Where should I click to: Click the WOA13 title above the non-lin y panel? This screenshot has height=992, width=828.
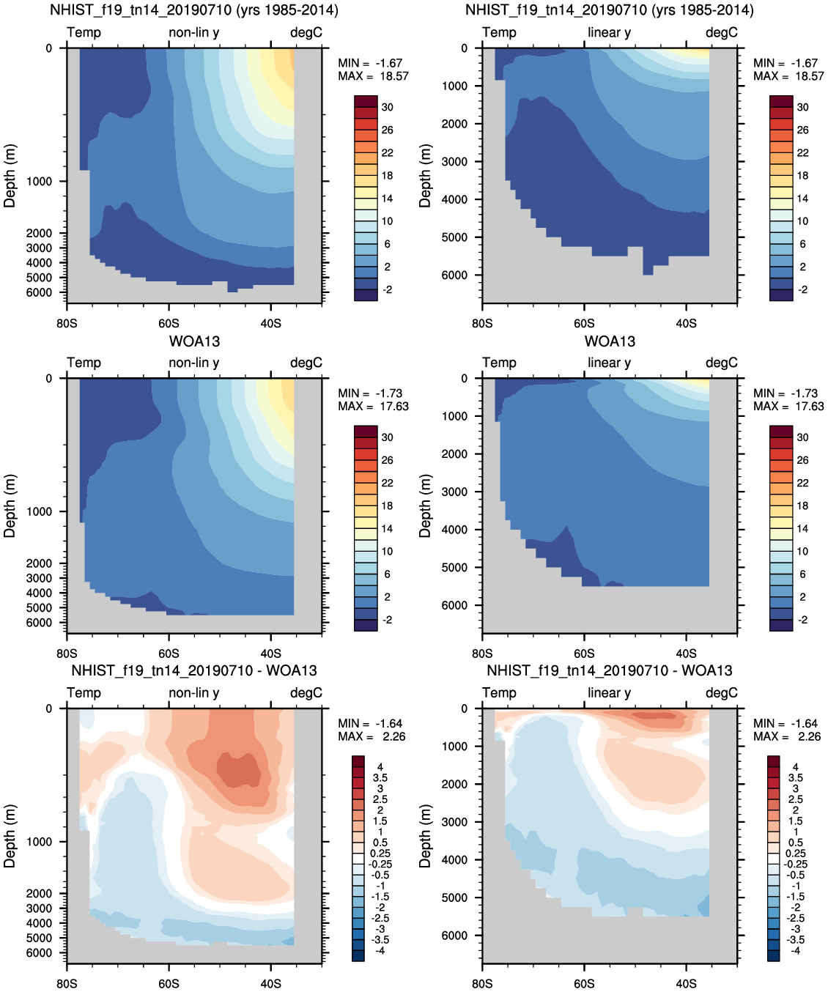click(x=194, y=341)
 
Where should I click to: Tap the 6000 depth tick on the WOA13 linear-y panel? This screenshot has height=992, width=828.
click(x=454, y=605)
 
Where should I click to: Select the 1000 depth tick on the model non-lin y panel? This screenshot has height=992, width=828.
click(x=40, y=182)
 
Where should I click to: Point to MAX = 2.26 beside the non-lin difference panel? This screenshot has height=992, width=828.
click(x=372, y=736)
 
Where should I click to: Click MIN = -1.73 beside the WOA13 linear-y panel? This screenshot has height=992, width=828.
click(x=786, y=393)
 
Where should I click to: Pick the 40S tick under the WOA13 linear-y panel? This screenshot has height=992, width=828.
click(x=686, y=654)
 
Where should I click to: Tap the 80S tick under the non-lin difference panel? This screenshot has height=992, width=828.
click(x=67, y=983)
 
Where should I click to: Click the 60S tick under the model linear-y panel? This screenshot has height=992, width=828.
click(x=584, y=323)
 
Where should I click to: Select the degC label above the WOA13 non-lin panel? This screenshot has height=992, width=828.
click(x=306, y=363)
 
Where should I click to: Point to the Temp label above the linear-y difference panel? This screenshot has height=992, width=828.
click(x=499, y=692)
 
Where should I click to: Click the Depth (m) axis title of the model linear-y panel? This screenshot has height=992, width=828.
click(x=425, y=176)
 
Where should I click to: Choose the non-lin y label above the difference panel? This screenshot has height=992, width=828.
click(x=193, y=692)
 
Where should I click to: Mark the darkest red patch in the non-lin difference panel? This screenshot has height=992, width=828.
click(x=239, y=769)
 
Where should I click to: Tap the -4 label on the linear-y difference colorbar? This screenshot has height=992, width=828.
click(x=796, y=950)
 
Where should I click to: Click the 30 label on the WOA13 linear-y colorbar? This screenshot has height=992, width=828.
click(x=802, y=437)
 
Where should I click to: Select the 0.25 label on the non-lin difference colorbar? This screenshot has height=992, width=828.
click(x=380, y=853)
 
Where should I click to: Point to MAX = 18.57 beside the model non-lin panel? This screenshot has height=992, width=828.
click(x=373, y=76)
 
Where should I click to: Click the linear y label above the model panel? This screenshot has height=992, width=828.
click(x=609, y=32)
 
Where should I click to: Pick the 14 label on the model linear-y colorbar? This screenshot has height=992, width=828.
click(x=802, y=199)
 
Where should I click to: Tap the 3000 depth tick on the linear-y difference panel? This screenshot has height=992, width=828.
click(x=454, y=822)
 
